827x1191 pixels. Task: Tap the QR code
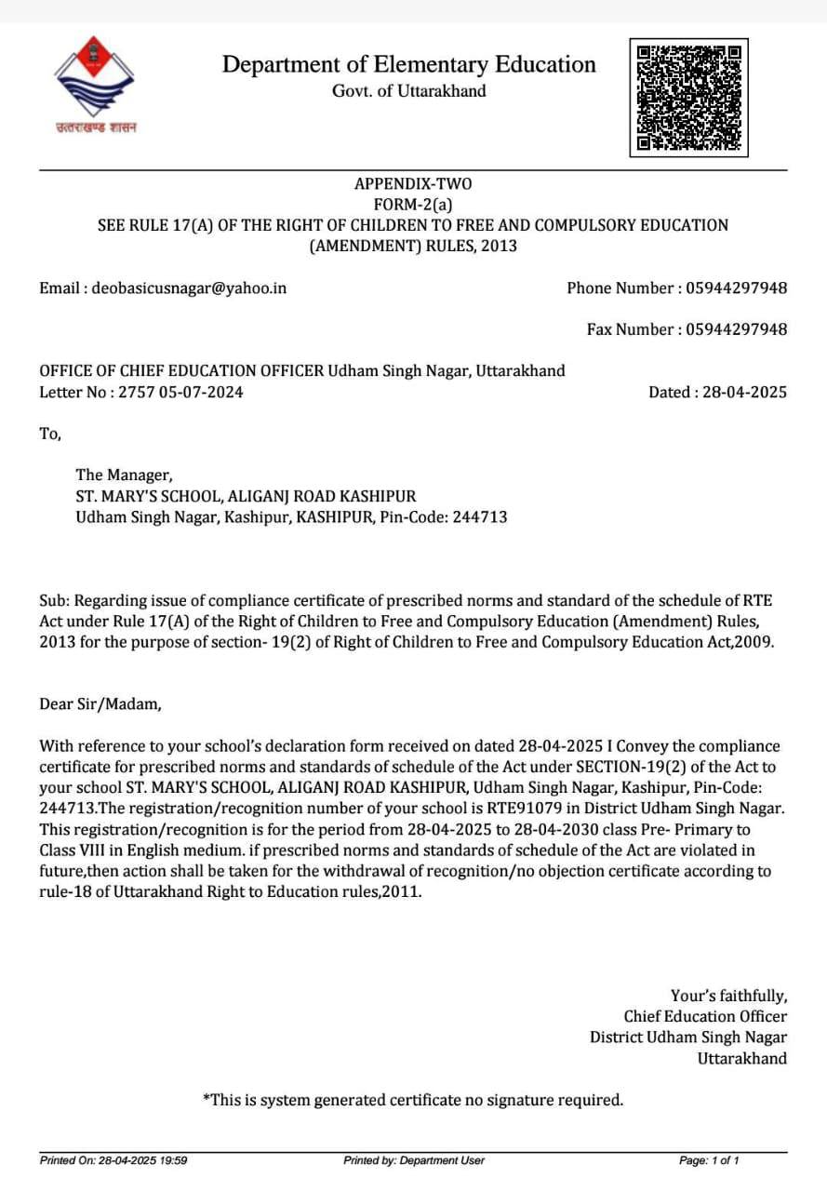coord(688,97)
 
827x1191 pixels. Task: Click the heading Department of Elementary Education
coord(408,64)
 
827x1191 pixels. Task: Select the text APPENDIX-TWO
coord(413,183)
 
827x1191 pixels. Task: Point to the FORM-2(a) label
coord(413,204)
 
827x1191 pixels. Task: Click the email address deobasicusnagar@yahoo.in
coord(189,288)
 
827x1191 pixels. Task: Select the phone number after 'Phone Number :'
coord(736,288)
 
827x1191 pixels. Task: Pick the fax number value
coord(736,329)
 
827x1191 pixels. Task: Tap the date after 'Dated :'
coord(743,392)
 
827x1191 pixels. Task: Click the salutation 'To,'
coord(50,434)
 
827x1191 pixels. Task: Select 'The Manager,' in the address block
coord(124,475)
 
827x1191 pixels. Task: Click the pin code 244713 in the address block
coord(480,516)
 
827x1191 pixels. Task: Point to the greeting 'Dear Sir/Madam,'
coord(100,703)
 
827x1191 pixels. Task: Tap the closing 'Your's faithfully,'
coord(728,996)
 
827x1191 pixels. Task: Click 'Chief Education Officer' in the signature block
coord(705,1016)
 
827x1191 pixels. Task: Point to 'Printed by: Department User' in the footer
coord(413,1160)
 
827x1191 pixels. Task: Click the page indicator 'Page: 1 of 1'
coord(709,1160)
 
